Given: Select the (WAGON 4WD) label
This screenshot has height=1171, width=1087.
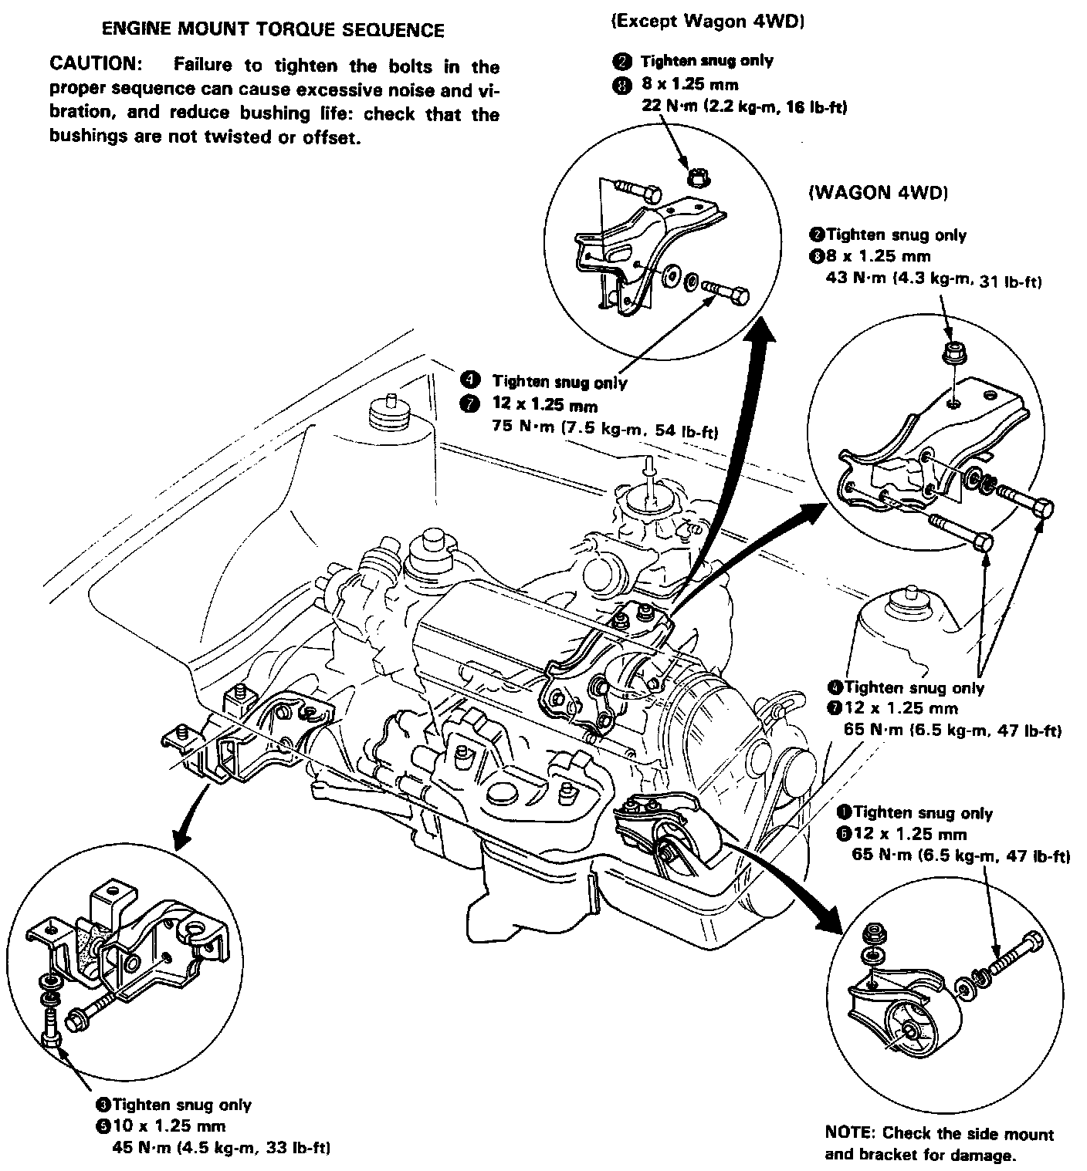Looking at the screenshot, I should (878, 193).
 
